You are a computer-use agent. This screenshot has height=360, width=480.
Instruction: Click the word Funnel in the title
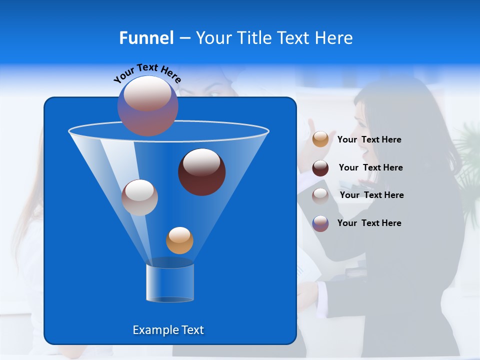(x=146, y=38)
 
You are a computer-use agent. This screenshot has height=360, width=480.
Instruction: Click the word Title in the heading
(x=254, y=38)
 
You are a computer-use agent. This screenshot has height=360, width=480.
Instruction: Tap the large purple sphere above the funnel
(x=148, y=105)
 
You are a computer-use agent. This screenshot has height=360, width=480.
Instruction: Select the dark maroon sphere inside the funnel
(x=202, y=172)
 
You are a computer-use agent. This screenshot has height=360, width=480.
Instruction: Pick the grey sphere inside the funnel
(x=139, y=197)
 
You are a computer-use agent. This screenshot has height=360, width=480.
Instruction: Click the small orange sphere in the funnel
(x=179, y=240)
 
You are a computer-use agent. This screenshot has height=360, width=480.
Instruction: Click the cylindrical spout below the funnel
(x=170, y=282)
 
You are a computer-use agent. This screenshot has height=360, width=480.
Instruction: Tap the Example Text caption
(x=168, y=330)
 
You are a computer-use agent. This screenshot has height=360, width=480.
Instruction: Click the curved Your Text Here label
(x=147, y=72)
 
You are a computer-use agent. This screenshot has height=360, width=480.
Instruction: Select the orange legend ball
(x=320, y=139)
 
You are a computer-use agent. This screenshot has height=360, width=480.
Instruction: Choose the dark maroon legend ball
(x=320, y=168)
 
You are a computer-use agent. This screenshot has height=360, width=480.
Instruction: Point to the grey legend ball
(x=320, y=195)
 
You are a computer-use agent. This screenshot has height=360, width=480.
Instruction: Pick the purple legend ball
(x=320, y=223)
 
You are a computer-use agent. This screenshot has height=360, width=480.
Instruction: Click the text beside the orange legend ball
(x=369, y=140)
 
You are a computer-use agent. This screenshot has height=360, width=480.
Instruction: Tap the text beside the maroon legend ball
(x=370, y=168)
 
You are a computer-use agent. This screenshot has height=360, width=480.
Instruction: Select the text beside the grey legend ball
(x=371, y=195)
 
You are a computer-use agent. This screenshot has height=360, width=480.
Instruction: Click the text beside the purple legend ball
(x=369, y=223)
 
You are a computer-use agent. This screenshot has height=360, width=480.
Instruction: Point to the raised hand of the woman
(x=314, y=131)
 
